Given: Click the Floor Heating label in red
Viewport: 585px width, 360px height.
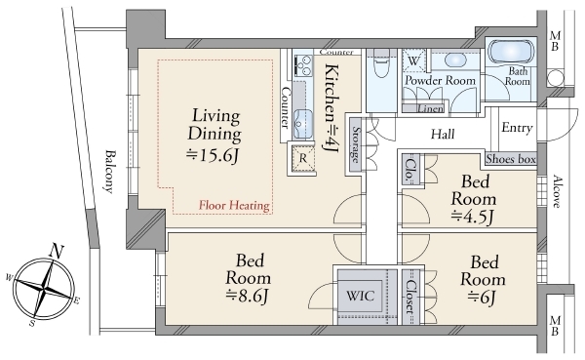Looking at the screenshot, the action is pos(234,206).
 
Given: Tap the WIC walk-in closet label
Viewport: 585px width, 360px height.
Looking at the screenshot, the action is pos(360,296).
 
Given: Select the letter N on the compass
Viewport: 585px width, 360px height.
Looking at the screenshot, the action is pos(57,251).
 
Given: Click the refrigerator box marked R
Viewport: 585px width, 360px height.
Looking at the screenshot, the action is pos(303,158).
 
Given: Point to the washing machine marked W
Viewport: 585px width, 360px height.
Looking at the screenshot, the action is pos(413,60).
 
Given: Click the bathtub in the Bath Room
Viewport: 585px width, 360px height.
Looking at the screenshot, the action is pos(511,53).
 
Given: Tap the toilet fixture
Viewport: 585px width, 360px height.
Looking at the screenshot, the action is pos(381,63).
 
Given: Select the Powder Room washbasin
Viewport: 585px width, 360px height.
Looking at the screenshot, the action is pos(455,60).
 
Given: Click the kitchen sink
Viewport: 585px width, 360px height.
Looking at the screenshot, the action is pos(302,124).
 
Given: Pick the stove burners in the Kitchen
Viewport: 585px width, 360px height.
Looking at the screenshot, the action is pos(303,65).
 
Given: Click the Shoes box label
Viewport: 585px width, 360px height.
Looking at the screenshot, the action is pos(511,159).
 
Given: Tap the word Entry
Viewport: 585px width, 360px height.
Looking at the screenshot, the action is pos(517,128).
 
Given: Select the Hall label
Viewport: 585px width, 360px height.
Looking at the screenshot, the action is pos(443,134).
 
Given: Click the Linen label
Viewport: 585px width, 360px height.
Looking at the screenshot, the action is pos(431,108).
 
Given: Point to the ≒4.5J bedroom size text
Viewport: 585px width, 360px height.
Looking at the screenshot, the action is pos(473,217).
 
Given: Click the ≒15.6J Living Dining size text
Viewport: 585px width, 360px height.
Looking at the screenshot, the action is pos(213,155).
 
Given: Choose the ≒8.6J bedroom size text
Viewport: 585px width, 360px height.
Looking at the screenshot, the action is pos(247,296).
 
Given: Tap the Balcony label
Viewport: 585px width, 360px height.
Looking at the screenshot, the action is pos(109,172).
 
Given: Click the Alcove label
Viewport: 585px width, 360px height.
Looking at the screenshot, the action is pos(557,191).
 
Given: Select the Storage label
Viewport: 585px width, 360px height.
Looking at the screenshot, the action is pos(356,145).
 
